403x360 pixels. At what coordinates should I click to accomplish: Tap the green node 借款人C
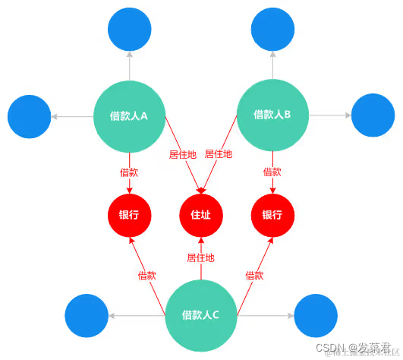coord(201,314)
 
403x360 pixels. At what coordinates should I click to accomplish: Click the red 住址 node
coord(201,215)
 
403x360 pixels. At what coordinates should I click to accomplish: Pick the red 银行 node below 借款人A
coord(129,215)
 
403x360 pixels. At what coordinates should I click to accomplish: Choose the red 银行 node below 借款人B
coord(272,215)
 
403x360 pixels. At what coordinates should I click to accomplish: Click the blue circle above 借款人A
coord(129,30)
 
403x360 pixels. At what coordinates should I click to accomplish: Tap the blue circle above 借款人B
coord(272,30)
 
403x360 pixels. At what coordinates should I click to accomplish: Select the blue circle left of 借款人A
coord(29,116)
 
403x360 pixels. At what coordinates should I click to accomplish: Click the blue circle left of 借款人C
coord(87,315)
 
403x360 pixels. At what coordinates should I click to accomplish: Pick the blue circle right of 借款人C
coord(316,315)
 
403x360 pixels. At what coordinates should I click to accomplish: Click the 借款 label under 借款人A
coord(129,172)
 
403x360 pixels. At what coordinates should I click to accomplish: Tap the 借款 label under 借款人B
coord(272,172)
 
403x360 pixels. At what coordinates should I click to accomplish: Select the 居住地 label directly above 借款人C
coord(201,258)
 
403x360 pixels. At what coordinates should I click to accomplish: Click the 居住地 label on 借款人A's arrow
coord(182,154)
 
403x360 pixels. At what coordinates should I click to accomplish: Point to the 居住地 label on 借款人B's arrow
coord(219,154)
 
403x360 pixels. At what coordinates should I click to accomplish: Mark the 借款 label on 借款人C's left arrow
coord(147,275)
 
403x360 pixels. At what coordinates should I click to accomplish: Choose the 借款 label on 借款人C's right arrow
coord(255,275)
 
